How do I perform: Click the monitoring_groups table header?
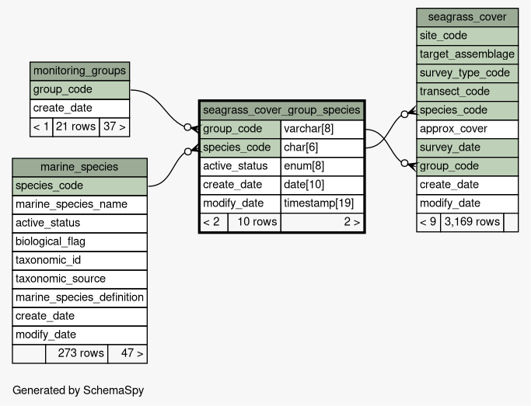[79, 71]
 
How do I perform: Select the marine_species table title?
[79, 167]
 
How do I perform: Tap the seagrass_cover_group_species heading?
[281, 110]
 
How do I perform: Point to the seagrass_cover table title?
[467, 17]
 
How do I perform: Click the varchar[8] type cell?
[323, 129]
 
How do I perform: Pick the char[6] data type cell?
[323, 147]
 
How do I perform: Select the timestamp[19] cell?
[323, 203]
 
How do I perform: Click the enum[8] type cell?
[323, 166]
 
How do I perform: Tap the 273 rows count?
[76, 354]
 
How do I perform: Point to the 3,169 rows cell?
[472, 222]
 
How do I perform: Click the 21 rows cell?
[76, 127]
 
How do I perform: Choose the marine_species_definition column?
[79, 298]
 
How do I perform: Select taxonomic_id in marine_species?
[79, 261]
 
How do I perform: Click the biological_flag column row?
[79, 242]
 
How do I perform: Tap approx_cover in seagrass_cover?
[467, 129]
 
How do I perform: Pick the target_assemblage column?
[467, 54]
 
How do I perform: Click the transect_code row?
[467, 92]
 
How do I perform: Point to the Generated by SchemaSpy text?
[79, 390]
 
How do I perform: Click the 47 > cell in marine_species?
[128, 354]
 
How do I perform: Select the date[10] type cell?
[323, 185]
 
